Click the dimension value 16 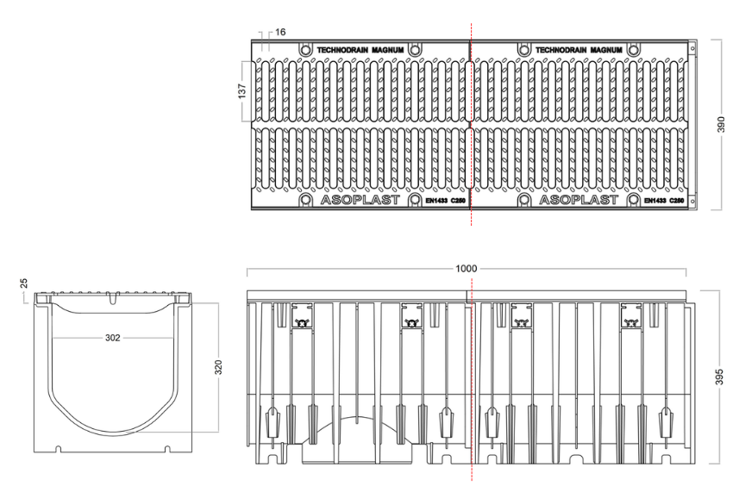(280, 32)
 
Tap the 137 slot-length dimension (241, 90)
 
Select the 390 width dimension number (721, 125)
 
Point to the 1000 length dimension (466, 268)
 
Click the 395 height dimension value (719, 377)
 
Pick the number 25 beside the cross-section (23, 283)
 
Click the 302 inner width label (113, 338)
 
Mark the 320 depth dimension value (218, 367)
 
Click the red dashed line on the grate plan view (471, 124)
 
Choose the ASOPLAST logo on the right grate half (579, 200)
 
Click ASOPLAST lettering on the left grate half (360, 200)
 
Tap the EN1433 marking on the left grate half (436, 201)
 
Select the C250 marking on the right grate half (677, 201)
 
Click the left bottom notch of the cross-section (59, 449)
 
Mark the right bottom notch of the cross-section (166, 449)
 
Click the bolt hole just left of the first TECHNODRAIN (305, 50)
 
